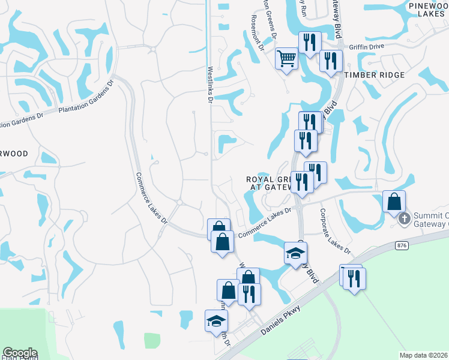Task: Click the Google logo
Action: (x=20, y=353)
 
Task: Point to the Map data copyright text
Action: (x=424, y=355)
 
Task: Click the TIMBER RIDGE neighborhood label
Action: (x=375, y=75)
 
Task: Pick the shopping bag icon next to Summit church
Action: (x=394, y=202)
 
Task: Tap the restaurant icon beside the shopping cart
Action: (x=310, y=43)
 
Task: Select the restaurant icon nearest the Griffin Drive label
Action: (x=331, y=61)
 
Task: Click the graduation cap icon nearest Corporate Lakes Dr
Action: (x=296, y=254)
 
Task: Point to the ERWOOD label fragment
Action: (x=13, y=154)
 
